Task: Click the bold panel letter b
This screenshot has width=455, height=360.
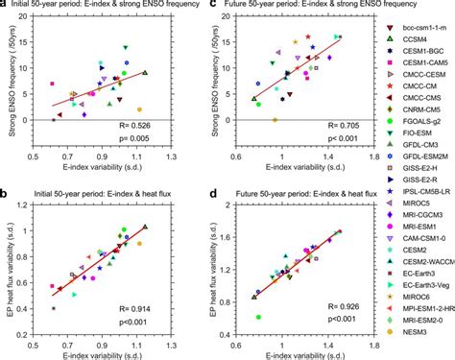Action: pyautogui.click(x=7, y=183)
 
